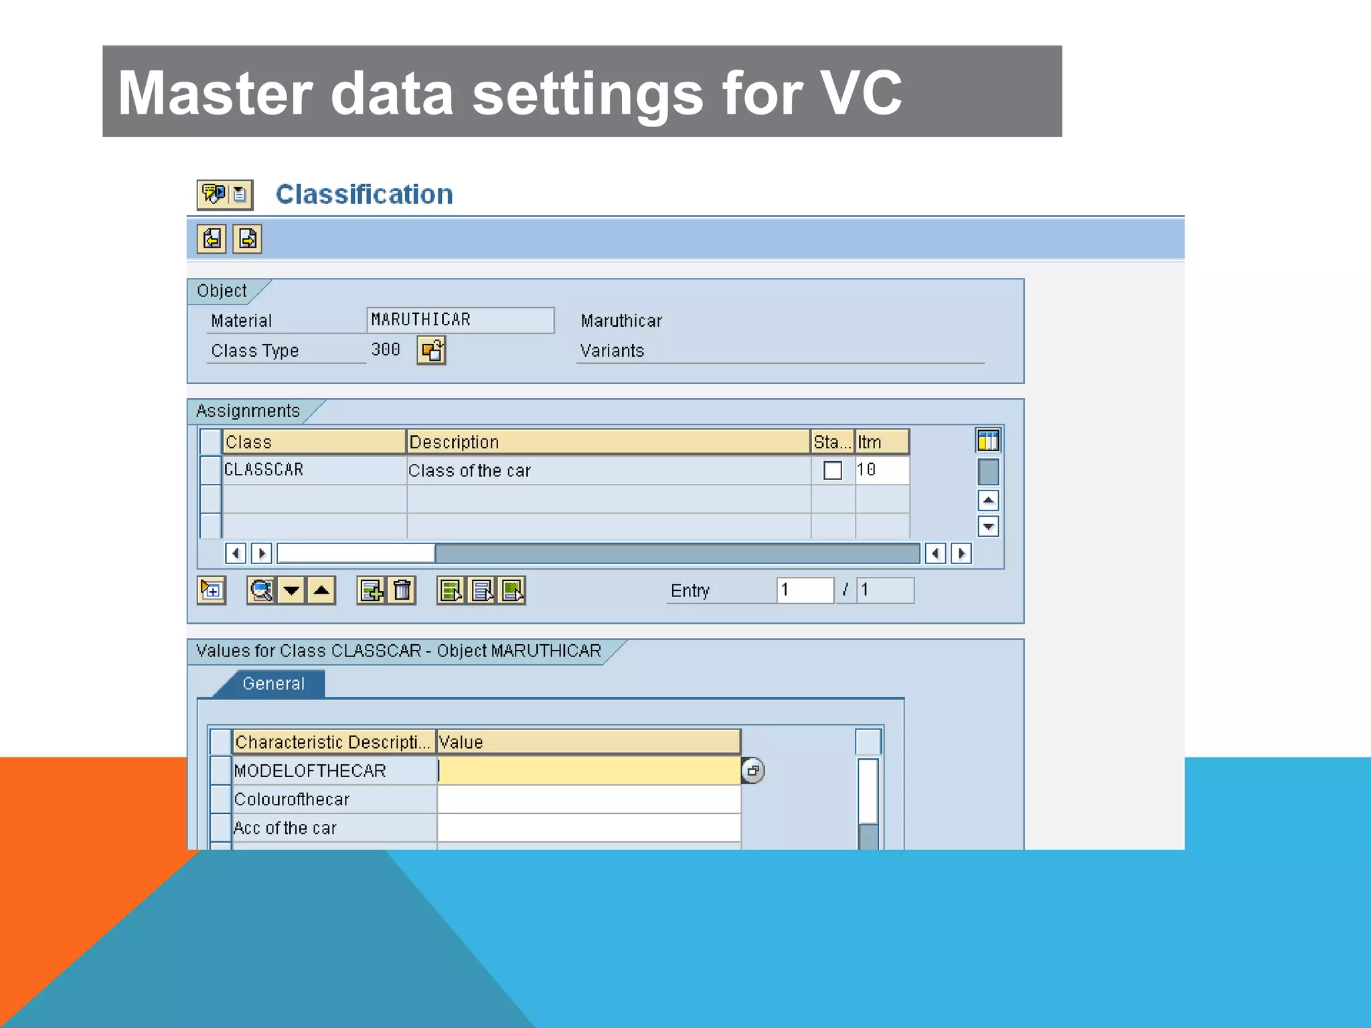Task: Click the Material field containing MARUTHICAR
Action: pyautogui.click(x=460, y=320)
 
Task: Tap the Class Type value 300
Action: pyautogui.click(x=386, y=349)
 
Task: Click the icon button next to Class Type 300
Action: pyautogui.click(x=431, y=351)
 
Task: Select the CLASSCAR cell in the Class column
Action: pyautogui.click(x=264, y=470)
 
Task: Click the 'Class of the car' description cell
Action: pyautogui.click(x=469, y=470)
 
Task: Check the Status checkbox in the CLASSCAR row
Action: pyautogui.click(x=832, y=470)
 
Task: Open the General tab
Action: pyautogui.click(x=274, y=683)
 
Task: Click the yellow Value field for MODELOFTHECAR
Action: pyautogui.click(x=588, y=770)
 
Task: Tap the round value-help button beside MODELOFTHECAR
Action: pyautogui.click(x=753, y=770)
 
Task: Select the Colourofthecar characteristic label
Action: pyautogui.click(x=292, y=799)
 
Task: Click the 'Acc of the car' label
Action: pyautogui.click(x=285, y=828)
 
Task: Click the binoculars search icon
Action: pyautogui.click(x=261, y=590)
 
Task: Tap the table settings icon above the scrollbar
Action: pyautogui.click(x=988, y=441)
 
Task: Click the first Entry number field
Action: pyautogui.click(x=805, y=590)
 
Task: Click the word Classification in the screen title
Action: pyautogui.click(x=364, y=194)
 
